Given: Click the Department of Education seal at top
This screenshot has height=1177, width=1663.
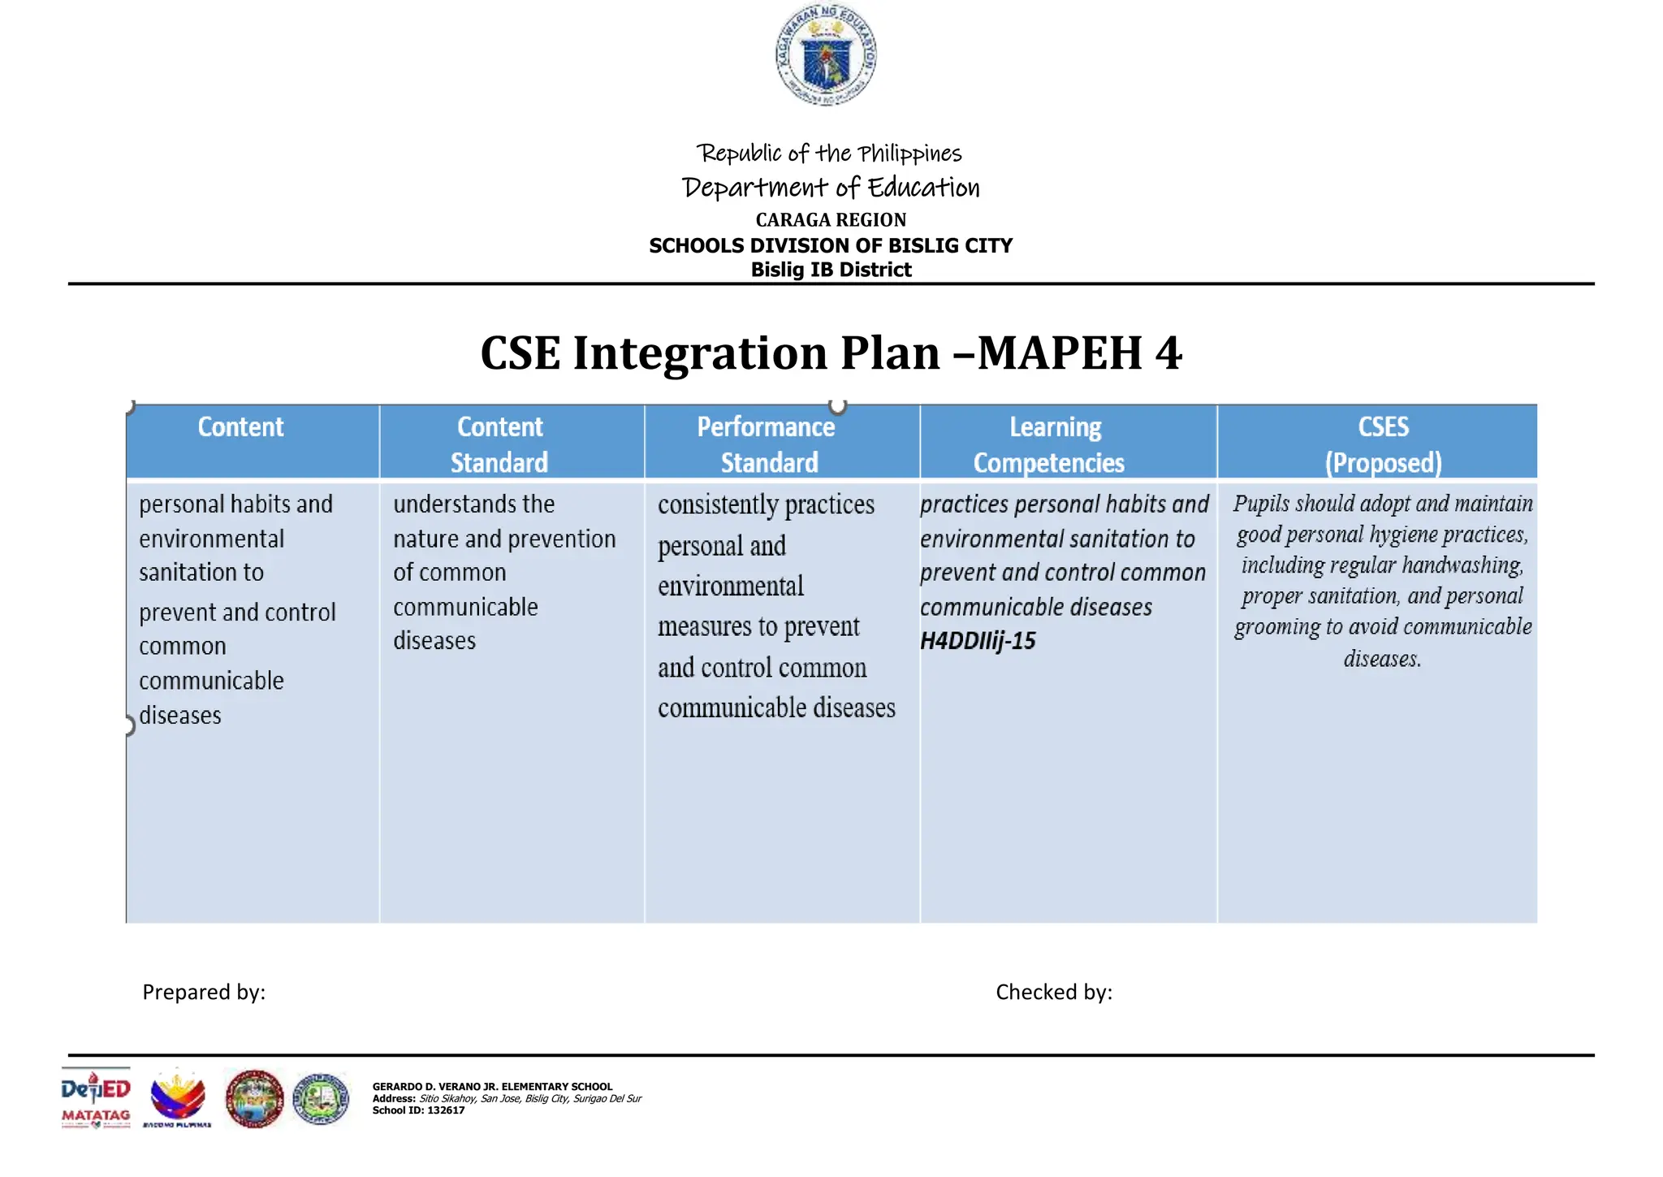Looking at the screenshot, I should tap(825, 55).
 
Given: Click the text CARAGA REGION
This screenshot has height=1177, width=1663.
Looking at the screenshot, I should tap(831, 220).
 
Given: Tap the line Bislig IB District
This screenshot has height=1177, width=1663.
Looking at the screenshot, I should tap(831, 270).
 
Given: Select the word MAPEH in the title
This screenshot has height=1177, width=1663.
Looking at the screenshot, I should tap(1060, 353).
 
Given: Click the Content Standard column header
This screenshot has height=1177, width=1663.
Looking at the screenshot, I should tap(499, 444).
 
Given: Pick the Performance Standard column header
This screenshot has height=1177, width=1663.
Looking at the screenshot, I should tap(767, 444).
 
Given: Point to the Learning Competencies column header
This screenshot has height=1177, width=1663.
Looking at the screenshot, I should tap(1052, 444).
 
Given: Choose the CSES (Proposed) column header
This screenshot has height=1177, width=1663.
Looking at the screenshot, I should tap(1383, 444).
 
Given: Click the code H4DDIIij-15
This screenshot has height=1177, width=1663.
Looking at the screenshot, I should tap(978, 642).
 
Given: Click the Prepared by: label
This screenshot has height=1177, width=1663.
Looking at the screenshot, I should tap(204, 992).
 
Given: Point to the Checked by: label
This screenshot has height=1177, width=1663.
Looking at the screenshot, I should tap(1054, 992).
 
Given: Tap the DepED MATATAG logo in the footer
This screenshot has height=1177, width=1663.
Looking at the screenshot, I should tap(96, 1099).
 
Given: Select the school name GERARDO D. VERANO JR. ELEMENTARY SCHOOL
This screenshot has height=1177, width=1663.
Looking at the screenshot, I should tap(492, 1086).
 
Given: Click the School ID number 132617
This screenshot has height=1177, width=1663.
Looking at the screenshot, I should tap(446, 1110).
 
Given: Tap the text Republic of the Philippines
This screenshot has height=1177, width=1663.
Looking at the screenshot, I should tap(829, 154).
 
